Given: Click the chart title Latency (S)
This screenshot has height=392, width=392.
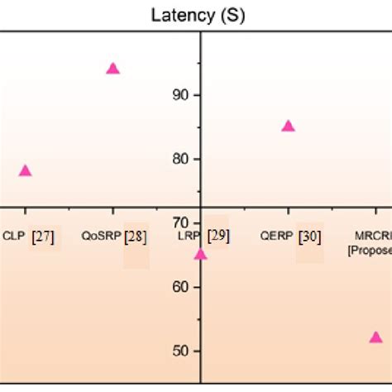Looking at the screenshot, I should click(x=198, y=15).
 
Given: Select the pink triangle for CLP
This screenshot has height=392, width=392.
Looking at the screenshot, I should click(x=25, y=171).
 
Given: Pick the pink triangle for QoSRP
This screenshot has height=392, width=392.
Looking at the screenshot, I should click(x=113, y=69).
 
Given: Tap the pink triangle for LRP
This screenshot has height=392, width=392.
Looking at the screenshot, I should click(x=200, y=254).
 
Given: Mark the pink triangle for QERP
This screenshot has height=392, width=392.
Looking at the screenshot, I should click(x=288, y=127).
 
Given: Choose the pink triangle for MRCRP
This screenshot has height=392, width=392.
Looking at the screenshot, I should click(x=375, y=337).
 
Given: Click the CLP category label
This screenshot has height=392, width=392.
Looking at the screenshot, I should click(x=14, y=236).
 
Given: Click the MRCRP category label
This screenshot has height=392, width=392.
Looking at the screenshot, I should click(x=374, y=236).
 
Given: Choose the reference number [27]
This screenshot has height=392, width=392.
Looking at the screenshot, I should click(x=43, y=237).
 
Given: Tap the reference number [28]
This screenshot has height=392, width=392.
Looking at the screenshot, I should click(x=136, y=237).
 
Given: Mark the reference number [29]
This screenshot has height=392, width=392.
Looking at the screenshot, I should click(x=218, y=236).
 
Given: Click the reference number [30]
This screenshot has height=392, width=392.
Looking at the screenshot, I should click(x=310, y=237).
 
